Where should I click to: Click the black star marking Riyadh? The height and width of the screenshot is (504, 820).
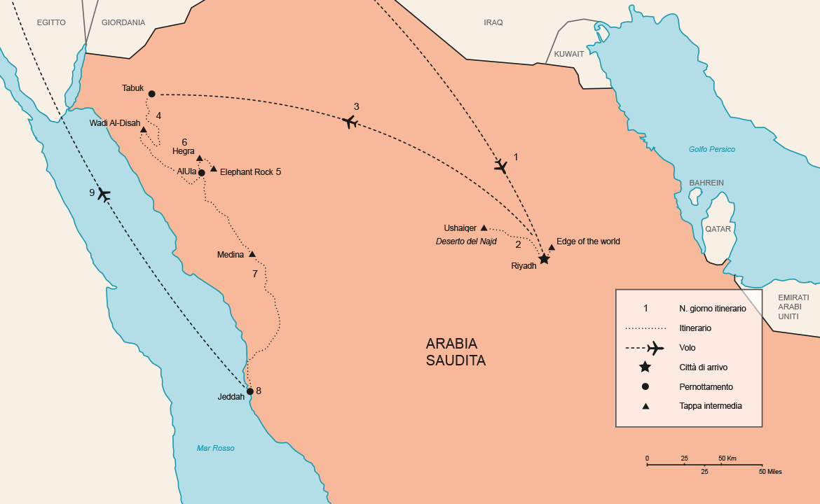[x=544, y=259]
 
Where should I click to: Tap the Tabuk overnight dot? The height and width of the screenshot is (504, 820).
[x=151, y=94]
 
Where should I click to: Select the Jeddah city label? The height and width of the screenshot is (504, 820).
[x=231, y=397]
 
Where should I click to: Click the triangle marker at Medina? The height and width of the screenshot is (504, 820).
[x=252, y=254]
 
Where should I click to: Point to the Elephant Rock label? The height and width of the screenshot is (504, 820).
[x=246, y=171]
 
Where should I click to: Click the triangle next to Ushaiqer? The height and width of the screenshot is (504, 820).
[x=484, y=227]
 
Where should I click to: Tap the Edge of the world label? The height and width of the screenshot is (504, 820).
[x=588, y=241]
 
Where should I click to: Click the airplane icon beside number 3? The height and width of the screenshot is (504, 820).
[x=350, y=122]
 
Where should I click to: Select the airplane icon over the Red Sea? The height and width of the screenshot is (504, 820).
[x=104, y=194]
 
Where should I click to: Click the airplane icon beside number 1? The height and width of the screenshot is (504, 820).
[x=500, y=166]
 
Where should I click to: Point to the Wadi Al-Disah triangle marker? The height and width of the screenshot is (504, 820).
[x=143, y=129]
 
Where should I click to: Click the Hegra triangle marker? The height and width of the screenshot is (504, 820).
[x=199, y=158]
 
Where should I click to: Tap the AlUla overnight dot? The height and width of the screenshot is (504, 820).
[x=201, y=172]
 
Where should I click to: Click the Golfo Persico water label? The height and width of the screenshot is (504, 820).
[x=711, y=149]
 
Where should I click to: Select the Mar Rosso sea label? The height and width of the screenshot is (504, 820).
[x=215, y=448]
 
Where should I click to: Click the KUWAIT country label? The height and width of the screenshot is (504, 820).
[x=568, y=54]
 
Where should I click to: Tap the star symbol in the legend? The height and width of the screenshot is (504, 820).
[x=645, y=367]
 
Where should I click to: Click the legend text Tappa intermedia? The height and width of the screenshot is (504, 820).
[x=710, y=405]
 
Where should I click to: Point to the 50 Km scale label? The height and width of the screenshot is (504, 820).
[x=727, y=458]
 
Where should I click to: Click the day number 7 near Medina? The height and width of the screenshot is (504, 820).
[x=255, y=274]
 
